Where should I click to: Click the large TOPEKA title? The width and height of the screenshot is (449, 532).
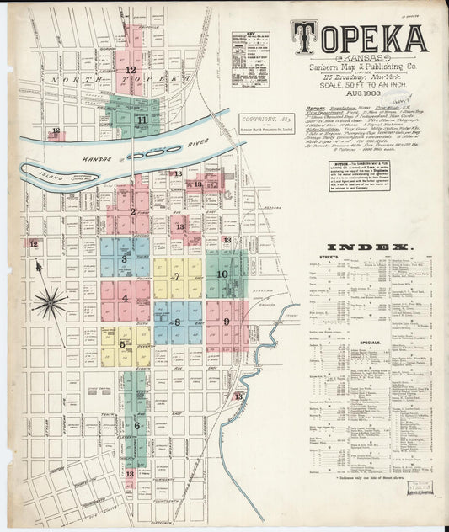(359, 37)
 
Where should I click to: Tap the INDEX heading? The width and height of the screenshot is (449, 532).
(370, 247)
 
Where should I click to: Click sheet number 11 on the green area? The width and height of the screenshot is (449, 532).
(142, 120)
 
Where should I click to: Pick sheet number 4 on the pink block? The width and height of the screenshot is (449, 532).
(125, 298)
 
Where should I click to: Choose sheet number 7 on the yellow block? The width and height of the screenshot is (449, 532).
(177, 276)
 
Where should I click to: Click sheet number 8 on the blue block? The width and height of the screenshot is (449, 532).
(177, 322)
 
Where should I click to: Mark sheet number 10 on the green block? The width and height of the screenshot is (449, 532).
(222, 274)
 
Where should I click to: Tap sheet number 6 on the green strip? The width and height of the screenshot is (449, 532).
(136, 426)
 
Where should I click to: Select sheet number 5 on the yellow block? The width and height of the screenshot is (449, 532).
(122, 344)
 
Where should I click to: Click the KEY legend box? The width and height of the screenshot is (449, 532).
(250, 60)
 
